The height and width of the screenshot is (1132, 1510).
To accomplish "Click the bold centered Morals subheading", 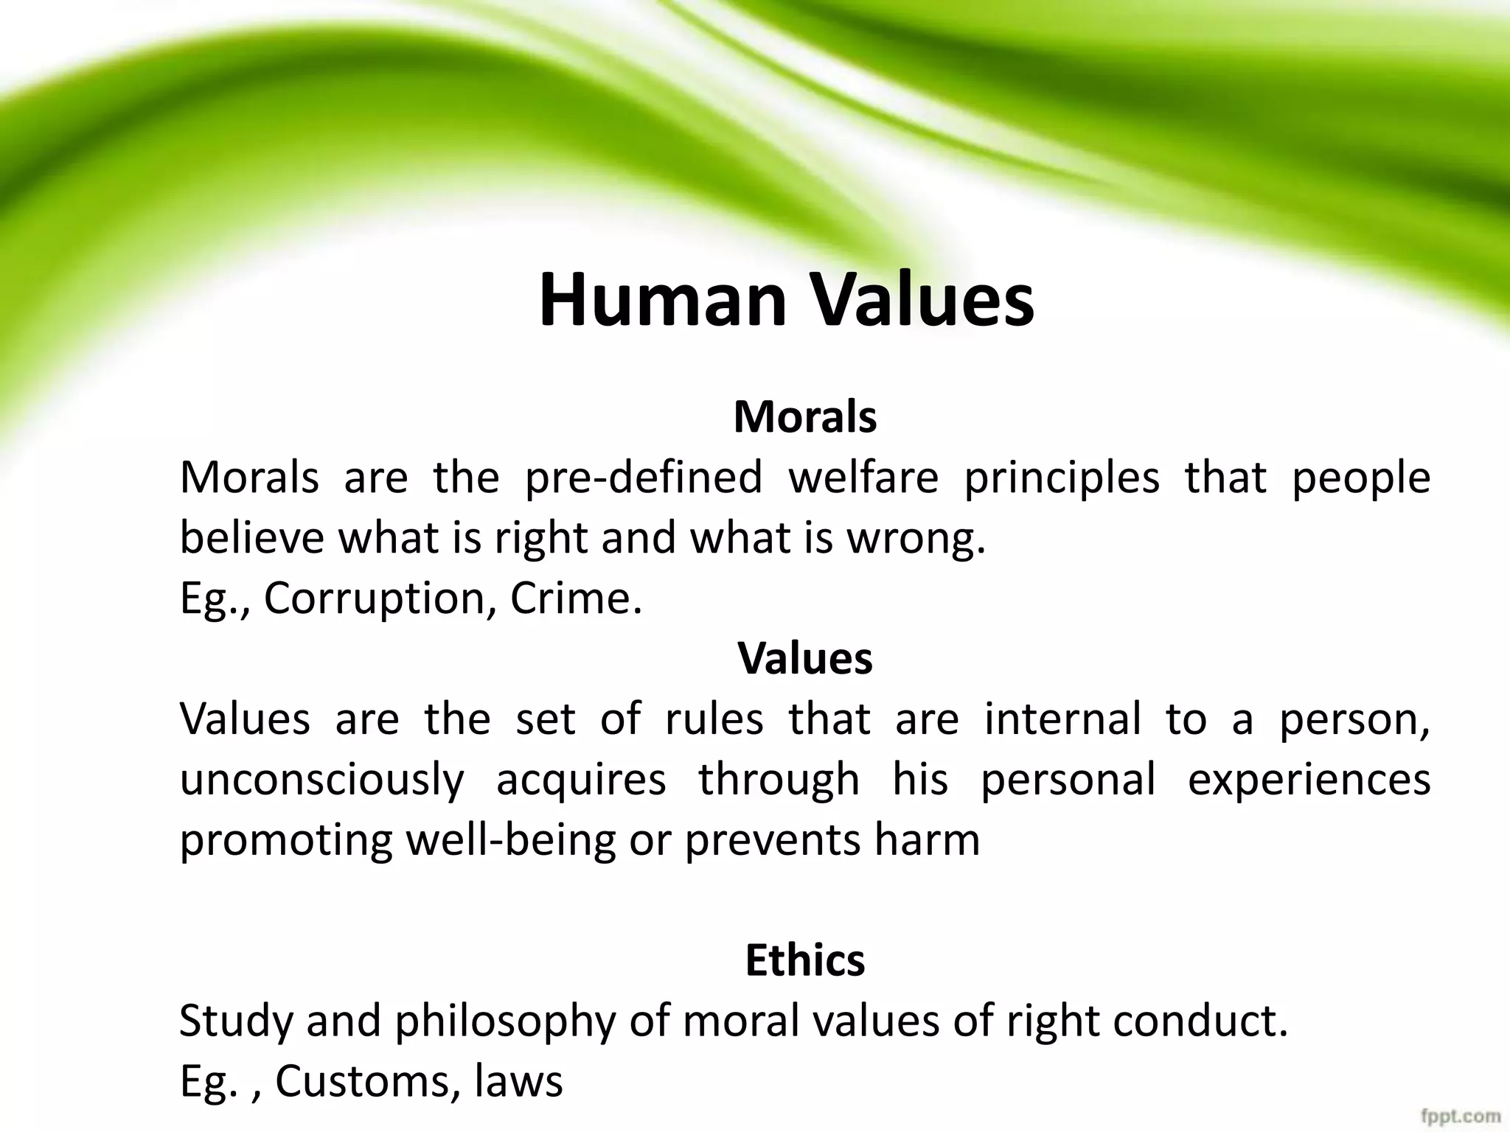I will tap(805, 417).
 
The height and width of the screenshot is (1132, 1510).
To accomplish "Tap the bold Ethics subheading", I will tap(805, 960).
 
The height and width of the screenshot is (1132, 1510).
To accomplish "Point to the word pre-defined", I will tap(644, 478).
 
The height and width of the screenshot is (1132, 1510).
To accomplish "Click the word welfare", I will tap(863, 478).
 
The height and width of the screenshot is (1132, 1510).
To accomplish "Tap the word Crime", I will tap(575, 598).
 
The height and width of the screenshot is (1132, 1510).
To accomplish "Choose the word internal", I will tap(1062, 719).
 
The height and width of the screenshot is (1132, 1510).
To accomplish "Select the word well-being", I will tap(511, 841).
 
